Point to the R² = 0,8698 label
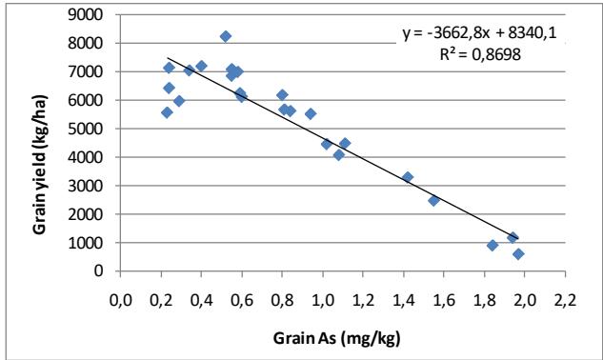click(486, 55)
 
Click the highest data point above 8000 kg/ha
click(226, 36)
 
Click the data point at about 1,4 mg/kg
click(408, 177)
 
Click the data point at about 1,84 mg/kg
click(492, 245)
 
